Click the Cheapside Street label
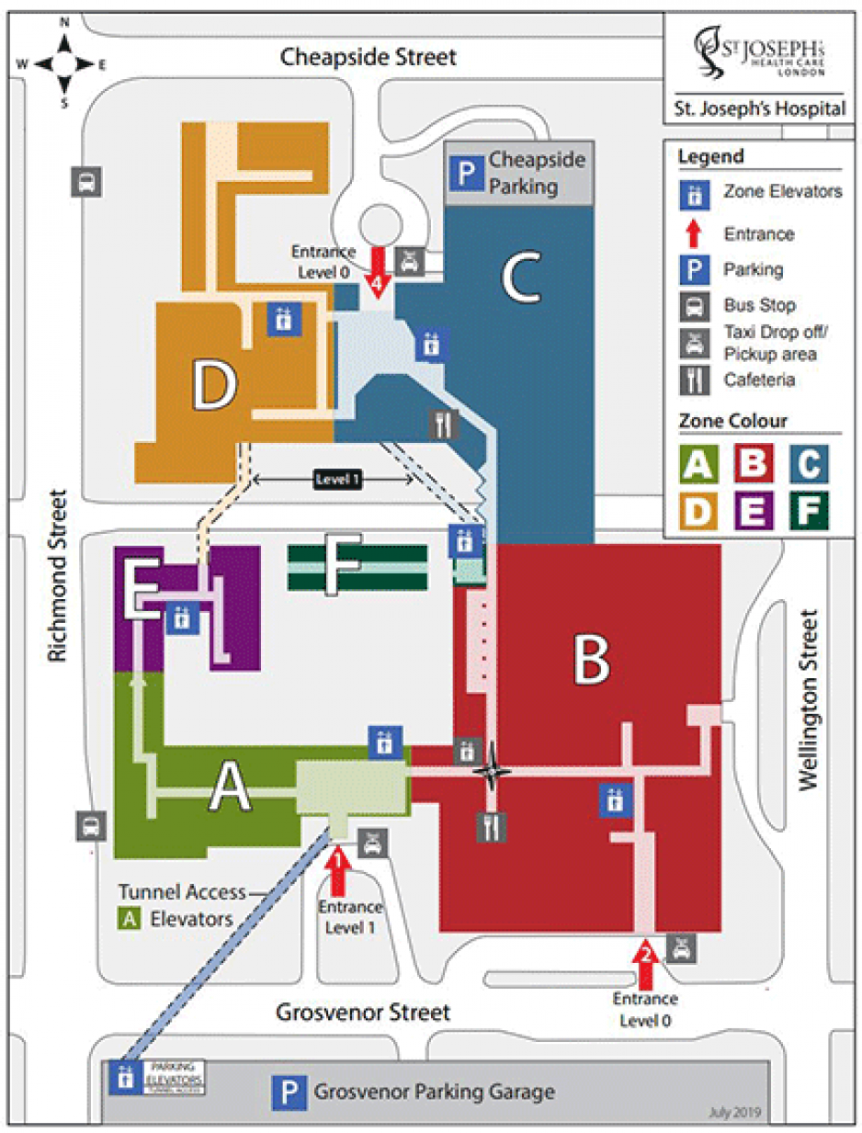tap(368, 58)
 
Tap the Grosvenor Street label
tap(364, 1012)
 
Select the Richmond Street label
tap(58, 576)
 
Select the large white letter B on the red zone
tap(593, 658)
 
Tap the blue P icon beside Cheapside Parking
tap(470, 172)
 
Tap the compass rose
tap(64, 62)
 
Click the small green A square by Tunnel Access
tap(131, 917)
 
